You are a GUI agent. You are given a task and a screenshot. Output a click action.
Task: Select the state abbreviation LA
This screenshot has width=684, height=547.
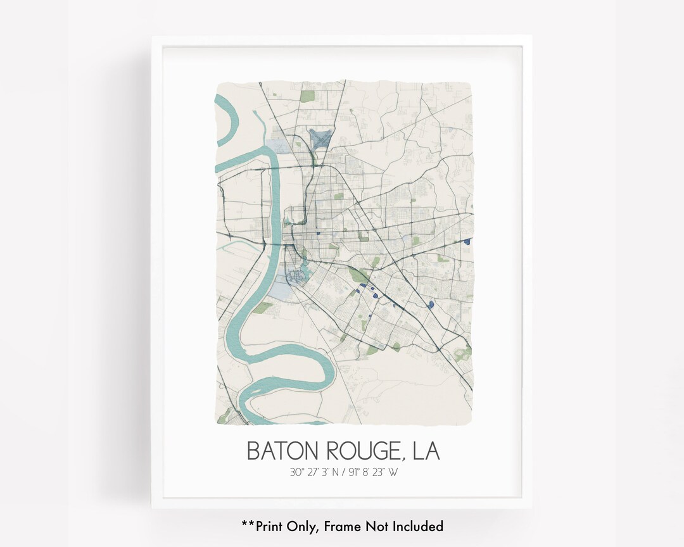click(x=426, y=451)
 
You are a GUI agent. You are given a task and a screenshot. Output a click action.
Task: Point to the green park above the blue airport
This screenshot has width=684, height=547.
click(x=308, y=97)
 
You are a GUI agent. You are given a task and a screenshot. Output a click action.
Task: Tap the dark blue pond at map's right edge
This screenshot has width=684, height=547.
click(x=467, y=241)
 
